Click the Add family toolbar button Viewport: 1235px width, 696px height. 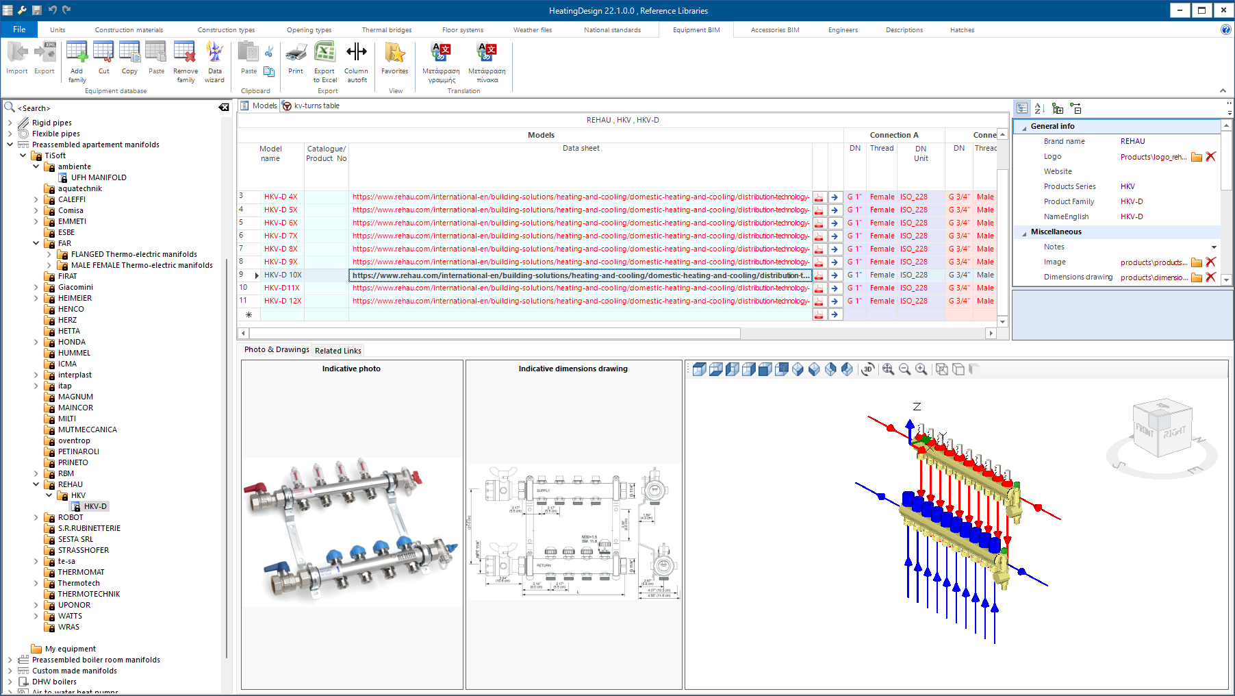coord(77,61)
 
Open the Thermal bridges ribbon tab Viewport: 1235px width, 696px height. coord(386,30)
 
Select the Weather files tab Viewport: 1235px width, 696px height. coord(532,30)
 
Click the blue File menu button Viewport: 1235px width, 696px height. coord(19,29)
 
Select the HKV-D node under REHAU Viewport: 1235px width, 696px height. coord(95,506)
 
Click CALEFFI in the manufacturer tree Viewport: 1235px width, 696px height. coord(72,199)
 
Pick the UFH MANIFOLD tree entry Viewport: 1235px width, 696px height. coord(99,177)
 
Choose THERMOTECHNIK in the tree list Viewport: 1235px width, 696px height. coord(89,594)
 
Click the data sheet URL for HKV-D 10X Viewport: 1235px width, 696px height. coord(579,275)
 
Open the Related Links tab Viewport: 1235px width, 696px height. coord(338,351)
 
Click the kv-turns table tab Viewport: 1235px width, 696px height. coord(316,105)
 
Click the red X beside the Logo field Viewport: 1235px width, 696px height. coord(1210,156)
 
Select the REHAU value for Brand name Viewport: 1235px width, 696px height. coord(1132,141)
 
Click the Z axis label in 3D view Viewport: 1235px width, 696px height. coord(917,406)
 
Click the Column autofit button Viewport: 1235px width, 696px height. coord(356,61)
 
